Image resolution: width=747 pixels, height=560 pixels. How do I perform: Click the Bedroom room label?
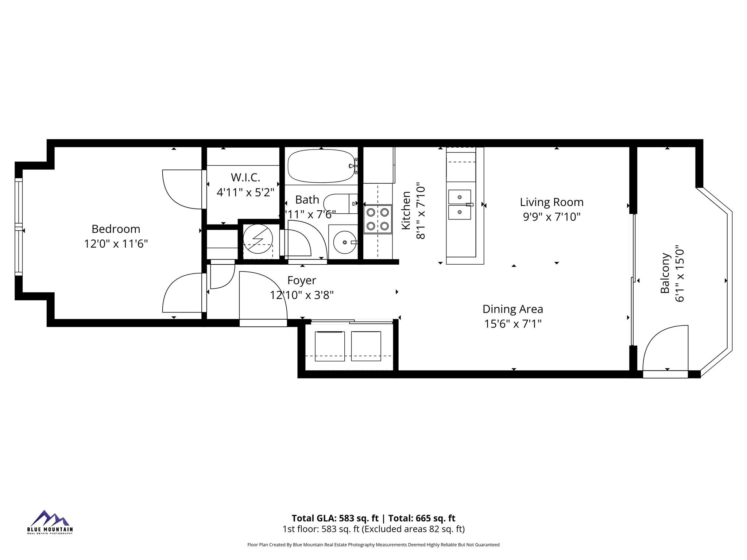coord(116,229)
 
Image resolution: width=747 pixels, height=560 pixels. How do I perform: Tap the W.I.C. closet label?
coord(245,178)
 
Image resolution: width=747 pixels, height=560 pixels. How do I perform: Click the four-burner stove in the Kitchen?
coord(378,219)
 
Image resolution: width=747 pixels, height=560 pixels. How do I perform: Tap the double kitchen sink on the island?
coord(460,205)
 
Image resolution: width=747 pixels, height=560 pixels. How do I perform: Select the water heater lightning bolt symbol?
coord(258,239)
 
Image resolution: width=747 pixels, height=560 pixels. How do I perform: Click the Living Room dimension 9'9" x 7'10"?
coord(551,217)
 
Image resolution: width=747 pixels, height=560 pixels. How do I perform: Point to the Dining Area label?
coord(512,309)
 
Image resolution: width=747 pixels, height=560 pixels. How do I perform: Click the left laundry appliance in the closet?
coord(330,346)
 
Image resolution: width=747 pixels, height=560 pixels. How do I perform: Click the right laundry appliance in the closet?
coord(366,346)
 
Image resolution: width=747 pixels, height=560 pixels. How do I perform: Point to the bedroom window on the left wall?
coord(18,226)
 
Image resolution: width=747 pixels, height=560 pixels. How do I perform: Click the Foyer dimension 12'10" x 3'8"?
coord(302,295)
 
